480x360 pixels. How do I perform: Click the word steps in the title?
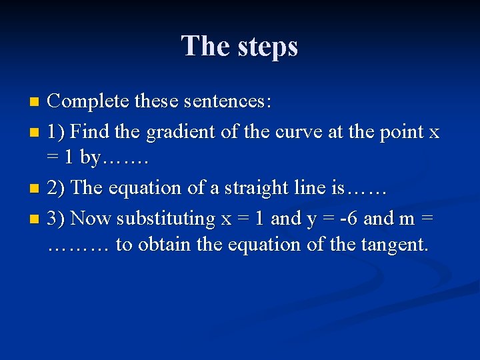[x=267, y=47]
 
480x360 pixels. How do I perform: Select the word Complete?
[x=88, y=102]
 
